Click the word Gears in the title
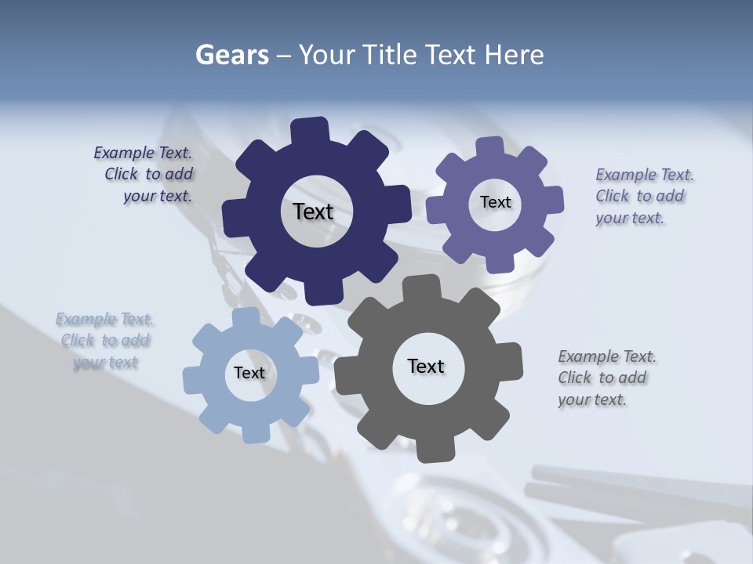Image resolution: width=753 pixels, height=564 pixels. click(x=231, y=55)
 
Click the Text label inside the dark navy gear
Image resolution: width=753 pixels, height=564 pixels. click(x=313, y=211)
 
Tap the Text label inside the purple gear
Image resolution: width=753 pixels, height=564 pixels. click(x=495, y=202)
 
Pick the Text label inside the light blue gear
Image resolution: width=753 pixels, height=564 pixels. click(x=249, y=373)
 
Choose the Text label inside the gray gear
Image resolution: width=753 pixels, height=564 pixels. click(x=426, y=366)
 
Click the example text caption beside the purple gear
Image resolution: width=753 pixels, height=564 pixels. click(x=644, y=196)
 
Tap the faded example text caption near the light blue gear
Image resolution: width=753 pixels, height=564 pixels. click(x=104, y=340)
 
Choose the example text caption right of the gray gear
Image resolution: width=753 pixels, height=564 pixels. click(x=606, y=378)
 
